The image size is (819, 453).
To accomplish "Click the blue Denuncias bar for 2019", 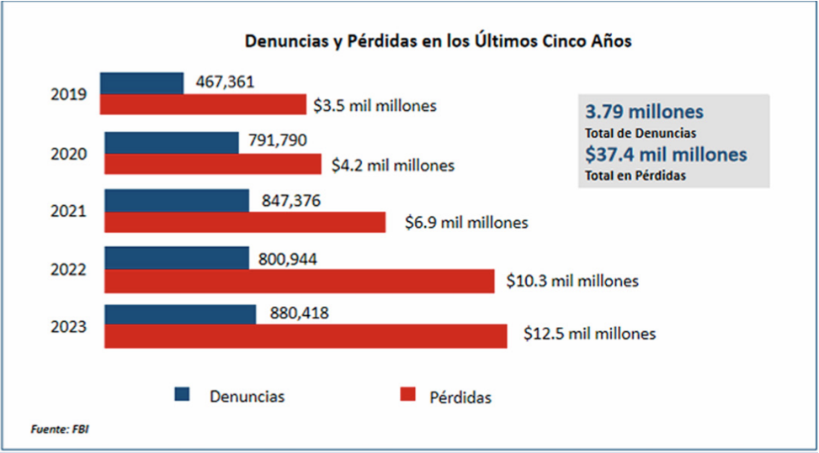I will pos(141,82).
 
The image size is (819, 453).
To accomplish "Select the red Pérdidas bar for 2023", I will pos(305,335).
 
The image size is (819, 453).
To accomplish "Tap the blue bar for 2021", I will pos(177,200).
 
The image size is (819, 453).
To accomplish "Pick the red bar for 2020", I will pos(212,165).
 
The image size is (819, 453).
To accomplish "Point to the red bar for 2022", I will pos(299,282).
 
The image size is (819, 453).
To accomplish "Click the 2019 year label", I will pos(69,94).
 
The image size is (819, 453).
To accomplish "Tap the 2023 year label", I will pos(69,326).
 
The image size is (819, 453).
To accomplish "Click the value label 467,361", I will pos(225,82).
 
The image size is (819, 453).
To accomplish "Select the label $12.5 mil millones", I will pos(589,334).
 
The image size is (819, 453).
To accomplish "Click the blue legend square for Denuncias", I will pos(183,394).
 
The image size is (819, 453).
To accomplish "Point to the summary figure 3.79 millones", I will pos(644,112).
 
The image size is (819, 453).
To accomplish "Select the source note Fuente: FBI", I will pos(60,429).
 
